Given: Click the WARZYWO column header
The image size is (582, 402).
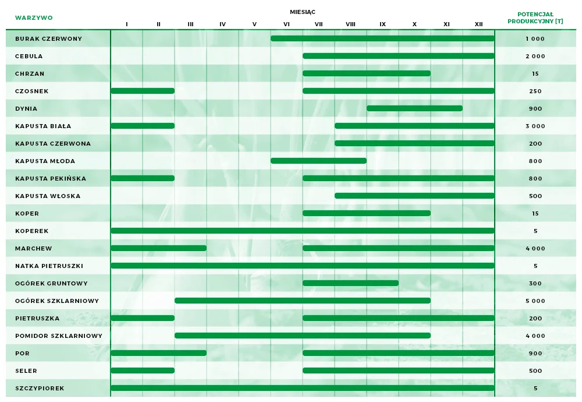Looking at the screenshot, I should pos(34,17).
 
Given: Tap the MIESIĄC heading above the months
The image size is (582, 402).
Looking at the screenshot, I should pos(303,12).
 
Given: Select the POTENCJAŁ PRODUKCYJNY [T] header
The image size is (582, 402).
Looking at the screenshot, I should pos(535,17).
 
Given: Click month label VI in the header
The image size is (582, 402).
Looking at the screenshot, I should pos(286,24).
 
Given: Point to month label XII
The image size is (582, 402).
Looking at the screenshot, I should pos(478,24).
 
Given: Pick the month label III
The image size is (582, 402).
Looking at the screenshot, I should pos(190,24).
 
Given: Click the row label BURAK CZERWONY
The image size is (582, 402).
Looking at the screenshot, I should pos(48,38).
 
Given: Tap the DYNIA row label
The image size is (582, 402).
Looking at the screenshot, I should pos(26,108).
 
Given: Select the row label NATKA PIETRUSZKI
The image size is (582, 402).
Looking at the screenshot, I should pos(49,266).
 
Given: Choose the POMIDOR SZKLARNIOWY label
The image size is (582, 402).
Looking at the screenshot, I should pos(59,336).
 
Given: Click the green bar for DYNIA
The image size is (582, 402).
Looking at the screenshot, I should pos(414,108).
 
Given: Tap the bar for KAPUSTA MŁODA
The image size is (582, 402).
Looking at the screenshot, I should pos(318,161).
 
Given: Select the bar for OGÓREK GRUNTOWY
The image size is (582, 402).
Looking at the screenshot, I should pos(350,283).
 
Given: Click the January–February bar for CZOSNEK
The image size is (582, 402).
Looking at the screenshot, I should pos(143,91).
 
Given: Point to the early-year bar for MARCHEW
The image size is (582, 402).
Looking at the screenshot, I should pos(158,248).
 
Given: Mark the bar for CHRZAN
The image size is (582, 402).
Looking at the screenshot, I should pos(367,73).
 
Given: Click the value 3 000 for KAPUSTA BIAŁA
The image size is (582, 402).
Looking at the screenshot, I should pos(535,126).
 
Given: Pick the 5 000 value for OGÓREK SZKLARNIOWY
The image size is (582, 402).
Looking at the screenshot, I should pos(535,301).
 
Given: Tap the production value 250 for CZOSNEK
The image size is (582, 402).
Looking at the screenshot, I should pos(535,91).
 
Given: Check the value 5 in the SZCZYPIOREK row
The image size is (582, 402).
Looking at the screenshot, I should pos(535,388).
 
